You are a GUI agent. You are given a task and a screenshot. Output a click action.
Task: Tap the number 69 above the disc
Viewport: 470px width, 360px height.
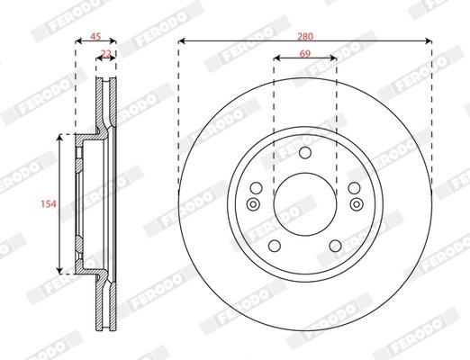tap(305, 53)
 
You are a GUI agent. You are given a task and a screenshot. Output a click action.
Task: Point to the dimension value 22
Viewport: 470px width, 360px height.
tap(106, 53)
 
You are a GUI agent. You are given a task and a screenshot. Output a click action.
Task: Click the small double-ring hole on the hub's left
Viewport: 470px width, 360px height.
tap(252, 205)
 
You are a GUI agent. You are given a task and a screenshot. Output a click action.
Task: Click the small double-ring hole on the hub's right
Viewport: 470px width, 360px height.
tap(357, 205)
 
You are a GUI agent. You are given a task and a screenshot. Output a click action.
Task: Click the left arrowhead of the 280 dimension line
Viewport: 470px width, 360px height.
tap(182, 41)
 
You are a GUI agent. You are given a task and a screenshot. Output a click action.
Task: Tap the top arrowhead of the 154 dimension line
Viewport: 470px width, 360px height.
tap(61, 139)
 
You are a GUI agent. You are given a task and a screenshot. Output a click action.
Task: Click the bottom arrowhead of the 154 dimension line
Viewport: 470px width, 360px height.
tap(61, 269)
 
